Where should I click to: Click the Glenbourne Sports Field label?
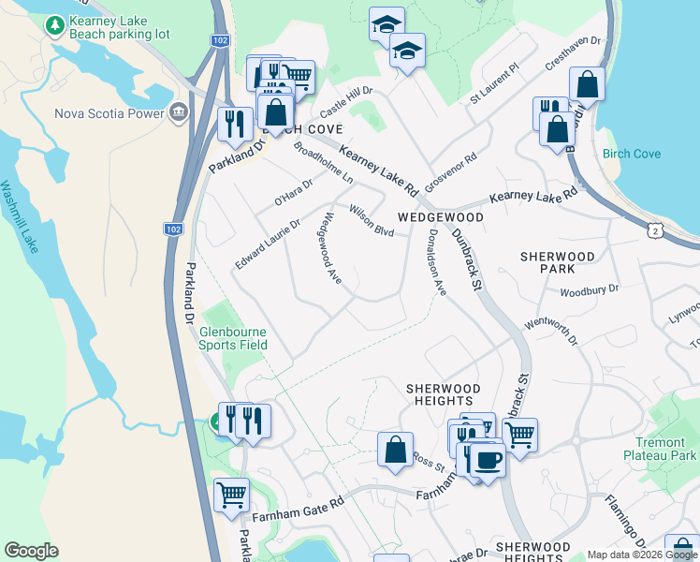[x=232, y=338]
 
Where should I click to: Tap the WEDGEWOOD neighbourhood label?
[x=440, y=217]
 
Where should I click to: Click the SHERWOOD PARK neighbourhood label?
[x=558, y=262]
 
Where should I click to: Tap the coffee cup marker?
[x=487, y=459]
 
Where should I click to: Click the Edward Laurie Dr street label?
[x=268, y=244]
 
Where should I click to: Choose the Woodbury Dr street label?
[x=590, y=290]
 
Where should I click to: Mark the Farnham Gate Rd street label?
[x=299, y=505]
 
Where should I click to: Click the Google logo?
[x=31, y=551]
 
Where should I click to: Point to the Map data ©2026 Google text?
[x=641, y=555]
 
